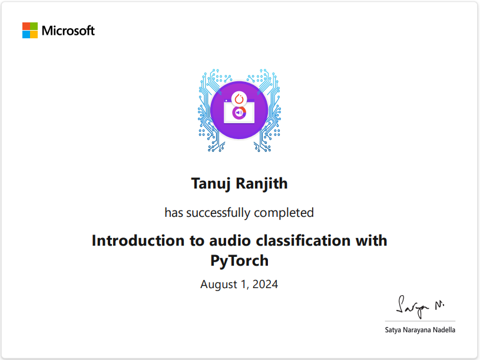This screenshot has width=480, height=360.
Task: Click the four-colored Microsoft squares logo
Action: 30,31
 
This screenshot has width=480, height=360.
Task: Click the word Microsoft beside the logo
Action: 68,31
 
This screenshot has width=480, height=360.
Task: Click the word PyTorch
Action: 239,260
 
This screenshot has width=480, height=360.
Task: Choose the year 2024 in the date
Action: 264,285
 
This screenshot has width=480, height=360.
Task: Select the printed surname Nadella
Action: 442,330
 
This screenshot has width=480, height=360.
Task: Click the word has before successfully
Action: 174,212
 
